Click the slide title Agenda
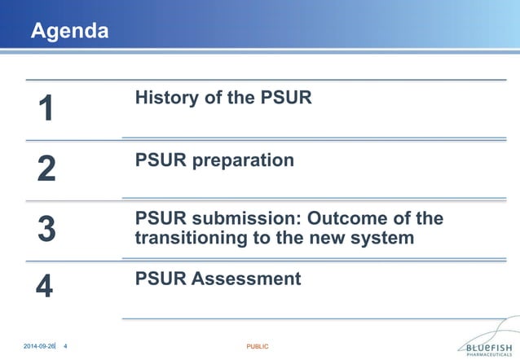(69, 32)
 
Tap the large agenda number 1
(46, 108)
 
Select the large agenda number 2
(46, 169)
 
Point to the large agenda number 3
(46, 229)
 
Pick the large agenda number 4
(45, 288)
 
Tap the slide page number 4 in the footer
(65, 347)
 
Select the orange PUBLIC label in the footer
(258, 347)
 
